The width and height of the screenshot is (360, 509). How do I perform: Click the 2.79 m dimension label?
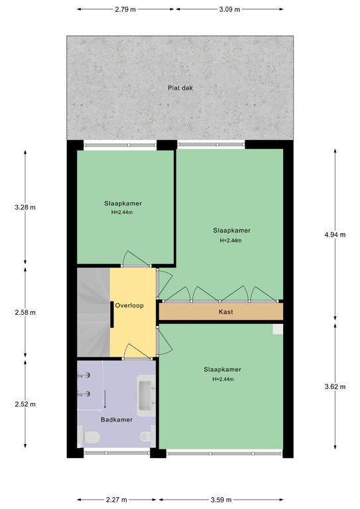pyautogui.click(x=125, y=9)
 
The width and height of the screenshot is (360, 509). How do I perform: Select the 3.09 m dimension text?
pyautogui.click(x=229, y=9)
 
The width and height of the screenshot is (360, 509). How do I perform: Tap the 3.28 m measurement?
pyautogui.click(x=25, y=207)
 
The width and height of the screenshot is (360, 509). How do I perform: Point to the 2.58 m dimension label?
pyautogui.click(x=25, y=313)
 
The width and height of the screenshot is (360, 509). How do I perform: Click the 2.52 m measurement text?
pyautogui.click(x=25, y=404)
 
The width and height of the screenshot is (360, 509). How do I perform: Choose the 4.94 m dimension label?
pyautogui.click(x=335, y=235)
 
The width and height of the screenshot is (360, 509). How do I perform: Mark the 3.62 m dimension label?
pyautogui.click(x=335, y=386)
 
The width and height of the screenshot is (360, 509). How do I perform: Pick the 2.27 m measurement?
pyautogui.click(x=117, y=500)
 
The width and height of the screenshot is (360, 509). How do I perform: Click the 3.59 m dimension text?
pyautogui.click(x=221, y=500)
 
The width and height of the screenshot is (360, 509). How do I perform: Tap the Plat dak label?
pyautogui.click(x=180, y=88)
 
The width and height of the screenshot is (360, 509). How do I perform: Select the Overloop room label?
pyautogui.click(x=129, y=306)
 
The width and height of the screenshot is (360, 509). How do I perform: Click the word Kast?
pyautogui.click(x=225, y=312)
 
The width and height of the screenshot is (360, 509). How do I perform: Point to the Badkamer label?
pyautogui.click(x=117, y=420)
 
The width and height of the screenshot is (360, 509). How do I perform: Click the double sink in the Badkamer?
pyautogui.click(x=146, y=396)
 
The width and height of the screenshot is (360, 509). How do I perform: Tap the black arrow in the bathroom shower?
pyautogui.click(x=105, y=399)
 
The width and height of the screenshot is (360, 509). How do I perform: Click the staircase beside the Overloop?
pyautogui.click(x=93, y=312)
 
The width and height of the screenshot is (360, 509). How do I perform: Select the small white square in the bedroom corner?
pyautogui.click(x=278, y=329)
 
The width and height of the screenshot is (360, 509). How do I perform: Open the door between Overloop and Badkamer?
pyautogui.click(x=137, y=351)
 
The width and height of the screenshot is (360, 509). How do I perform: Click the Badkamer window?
pyautogui.click(x=117, y=452)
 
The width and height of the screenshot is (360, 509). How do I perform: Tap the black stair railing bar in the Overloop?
pyautogui.click(x=111, y=315)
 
